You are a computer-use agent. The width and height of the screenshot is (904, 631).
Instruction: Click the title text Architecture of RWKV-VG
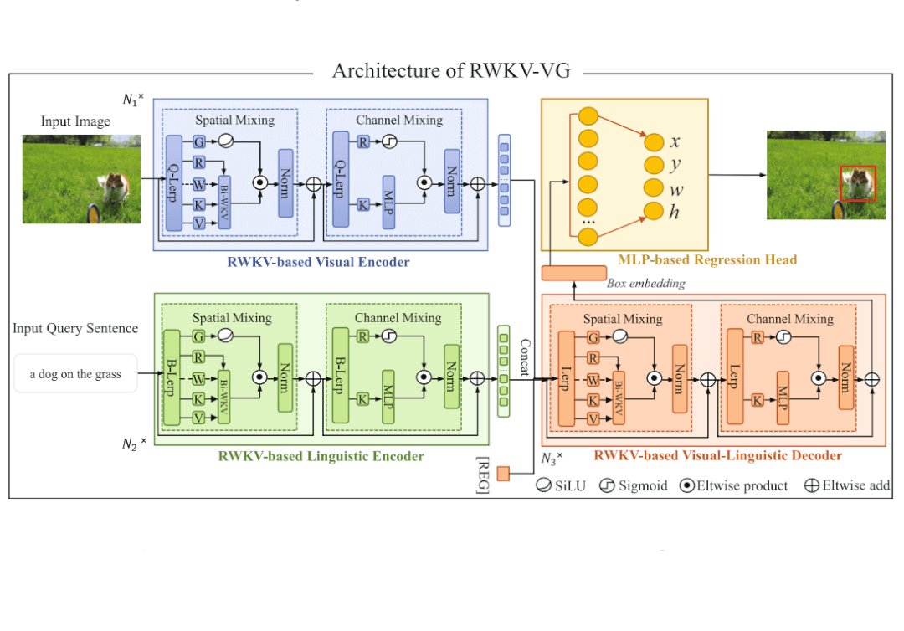pos(451,70)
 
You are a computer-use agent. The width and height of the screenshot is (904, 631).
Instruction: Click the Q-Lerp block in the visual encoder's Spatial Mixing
pos(174,182)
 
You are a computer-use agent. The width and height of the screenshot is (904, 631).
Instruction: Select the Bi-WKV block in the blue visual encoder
pos(223,202)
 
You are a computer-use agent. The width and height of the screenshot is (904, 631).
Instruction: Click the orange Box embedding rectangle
pos(574,273)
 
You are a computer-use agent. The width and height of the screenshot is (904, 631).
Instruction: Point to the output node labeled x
pos(654,141)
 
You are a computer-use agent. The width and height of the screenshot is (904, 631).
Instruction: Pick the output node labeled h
pos(654,212)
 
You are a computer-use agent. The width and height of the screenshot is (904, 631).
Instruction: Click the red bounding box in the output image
pos(858,183)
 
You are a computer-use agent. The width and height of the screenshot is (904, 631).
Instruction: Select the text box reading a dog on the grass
pos(75,374)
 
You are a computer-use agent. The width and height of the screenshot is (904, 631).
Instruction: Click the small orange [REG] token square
pos(503,474)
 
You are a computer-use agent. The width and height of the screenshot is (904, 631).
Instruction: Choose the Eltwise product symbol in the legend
pos(686,485)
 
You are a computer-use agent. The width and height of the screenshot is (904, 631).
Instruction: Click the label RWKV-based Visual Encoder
pos(318,262)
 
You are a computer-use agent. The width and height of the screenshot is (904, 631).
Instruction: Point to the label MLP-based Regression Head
pos(707,259)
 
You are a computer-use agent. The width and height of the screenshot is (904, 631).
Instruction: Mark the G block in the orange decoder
pos(592,337)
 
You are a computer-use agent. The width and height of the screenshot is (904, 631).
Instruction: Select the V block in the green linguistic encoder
pos(199,418)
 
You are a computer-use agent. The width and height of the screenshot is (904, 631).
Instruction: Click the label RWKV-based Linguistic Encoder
pos(321,456)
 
